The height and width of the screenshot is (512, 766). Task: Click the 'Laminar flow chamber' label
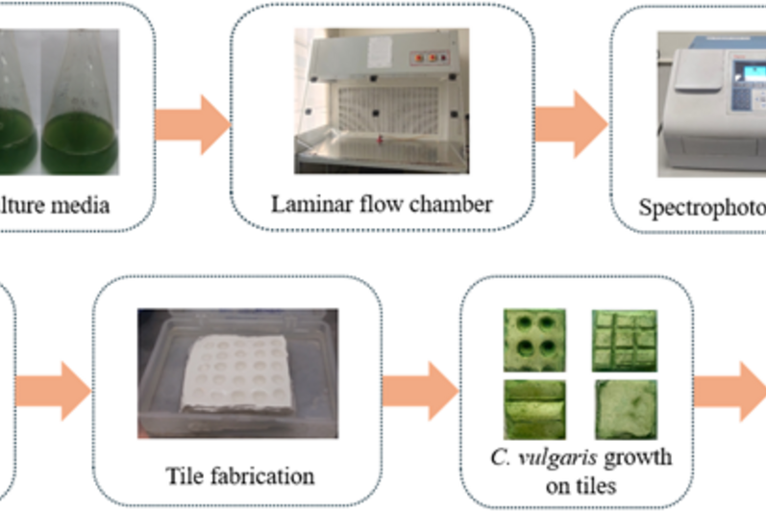pos(382,204)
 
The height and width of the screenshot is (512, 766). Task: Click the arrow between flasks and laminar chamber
pos(192,124)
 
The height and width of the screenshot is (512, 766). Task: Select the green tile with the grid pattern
pos(625,339)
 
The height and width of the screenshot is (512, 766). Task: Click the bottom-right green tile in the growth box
pos(625,409)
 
